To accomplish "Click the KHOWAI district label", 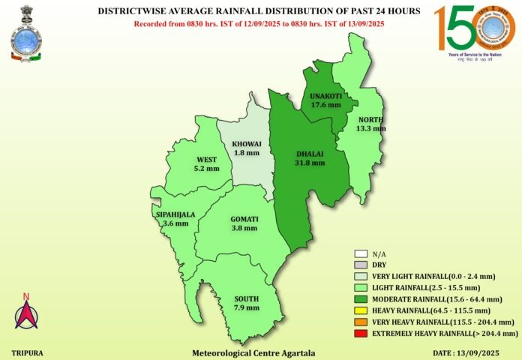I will (x=247, y=142).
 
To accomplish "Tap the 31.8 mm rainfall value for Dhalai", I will (x=310, y=162).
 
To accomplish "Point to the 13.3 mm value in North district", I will (x=371, y=128).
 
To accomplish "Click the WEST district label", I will (x=207, y=160).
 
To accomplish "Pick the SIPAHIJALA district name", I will (x=175, y=214).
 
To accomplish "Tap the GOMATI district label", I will (x=244, y=219).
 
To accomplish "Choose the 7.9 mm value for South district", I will (x=246, y=307).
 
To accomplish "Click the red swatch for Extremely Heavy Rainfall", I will (x=361, y=332).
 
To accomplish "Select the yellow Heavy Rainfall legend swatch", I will (x=361, y=310).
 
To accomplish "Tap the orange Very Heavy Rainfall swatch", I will (x=361, y=321).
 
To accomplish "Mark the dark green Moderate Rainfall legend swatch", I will (x=361, y=298).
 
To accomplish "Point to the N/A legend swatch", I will (x=361, y=254).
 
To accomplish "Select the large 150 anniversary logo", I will (x=472, y=34).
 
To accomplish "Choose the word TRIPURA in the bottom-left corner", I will (x=26, y=352).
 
